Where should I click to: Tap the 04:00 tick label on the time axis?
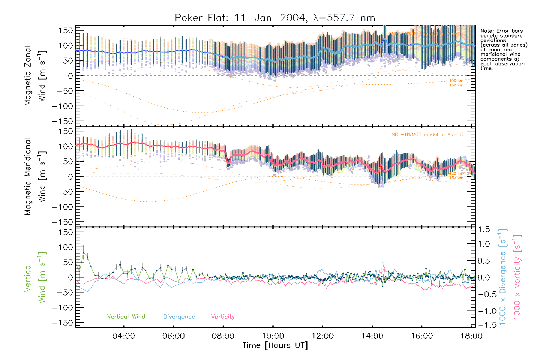124,336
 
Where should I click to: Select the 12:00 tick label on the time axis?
322,336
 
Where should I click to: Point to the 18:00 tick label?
471,336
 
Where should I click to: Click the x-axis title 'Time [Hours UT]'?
275,346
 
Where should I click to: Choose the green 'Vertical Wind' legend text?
126,317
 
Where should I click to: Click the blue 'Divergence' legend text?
179,317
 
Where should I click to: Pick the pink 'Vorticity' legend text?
223,317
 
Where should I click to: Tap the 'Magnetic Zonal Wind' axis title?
34,76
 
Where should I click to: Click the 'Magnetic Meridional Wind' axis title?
34,176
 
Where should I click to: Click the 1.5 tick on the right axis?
484,229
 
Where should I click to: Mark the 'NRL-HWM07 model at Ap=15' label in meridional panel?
427,135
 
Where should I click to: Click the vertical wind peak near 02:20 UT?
83,253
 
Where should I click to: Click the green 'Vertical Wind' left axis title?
34,277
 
